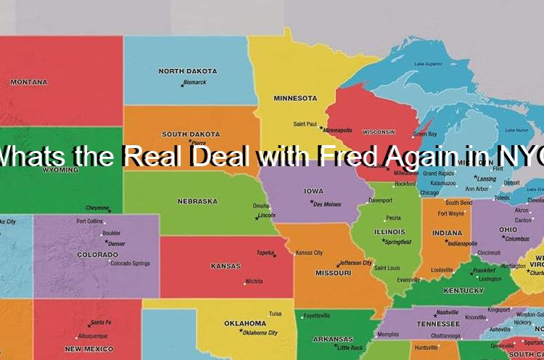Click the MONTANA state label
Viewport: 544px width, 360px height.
[x=29, y=82]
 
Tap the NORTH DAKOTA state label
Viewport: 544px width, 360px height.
[x=187, y=71]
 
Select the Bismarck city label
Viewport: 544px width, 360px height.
[x=194, y=83]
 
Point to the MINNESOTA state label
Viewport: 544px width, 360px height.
[x=295, y=98]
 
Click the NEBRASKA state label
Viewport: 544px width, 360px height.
[x=197, y=201]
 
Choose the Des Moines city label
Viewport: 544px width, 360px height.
[x=327, y=205]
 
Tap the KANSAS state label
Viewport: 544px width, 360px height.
[x=226, y=266]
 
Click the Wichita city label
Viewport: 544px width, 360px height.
[x=254, y=282]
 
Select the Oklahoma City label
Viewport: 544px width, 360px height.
[x=260, y=333]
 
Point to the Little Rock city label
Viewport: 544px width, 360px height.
[x=350, y=348]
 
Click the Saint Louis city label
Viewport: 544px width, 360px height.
[x=387, y=268]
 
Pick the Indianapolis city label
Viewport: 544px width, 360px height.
[x=463, y=244]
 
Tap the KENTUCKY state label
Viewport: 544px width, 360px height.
[x=463, y=291]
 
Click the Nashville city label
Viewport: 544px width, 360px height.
[x=448, y=313]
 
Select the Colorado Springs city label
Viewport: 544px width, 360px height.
[x=131, y=263]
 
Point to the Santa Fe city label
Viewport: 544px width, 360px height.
[x=100, y=323]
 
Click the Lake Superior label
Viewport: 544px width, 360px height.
[x=429, y=64]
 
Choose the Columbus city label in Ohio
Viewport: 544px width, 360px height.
[x=517, y=239]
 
